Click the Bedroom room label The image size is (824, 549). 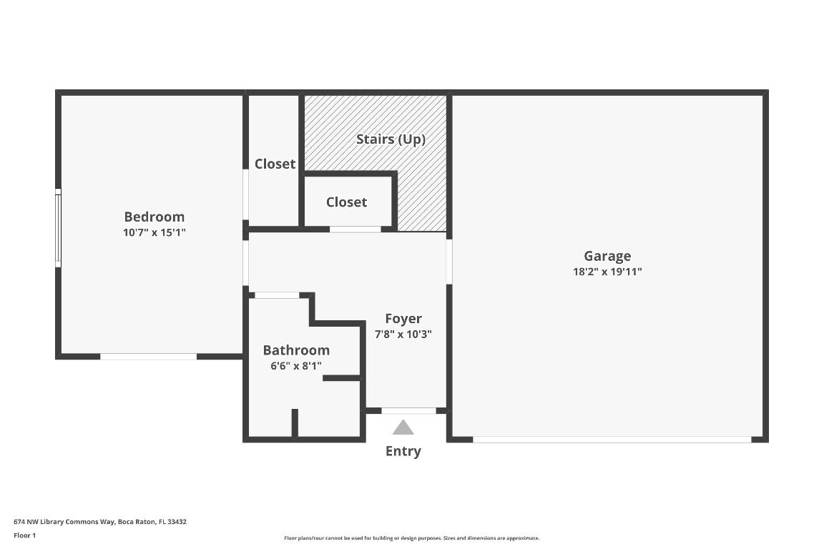pos(154,217)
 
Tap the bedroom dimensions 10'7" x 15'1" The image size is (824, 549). pos(154,232)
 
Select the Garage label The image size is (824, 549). pos(607,256)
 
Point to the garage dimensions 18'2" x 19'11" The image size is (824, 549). pos(607,272)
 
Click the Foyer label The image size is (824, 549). pos(403,319)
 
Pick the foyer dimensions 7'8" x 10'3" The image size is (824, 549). pos(403,334)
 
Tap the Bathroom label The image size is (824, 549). pos(296,350)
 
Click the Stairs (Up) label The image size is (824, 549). pos(391,139)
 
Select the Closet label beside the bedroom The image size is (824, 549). pos(275,164)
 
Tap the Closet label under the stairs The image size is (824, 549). pos(346,202)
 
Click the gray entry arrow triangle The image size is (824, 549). pos(403,428)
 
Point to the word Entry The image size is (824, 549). pos(403,451)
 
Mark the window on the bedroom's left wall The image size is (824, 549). pos(58,228)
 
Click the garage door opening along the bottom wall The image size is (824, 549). pos(612,440)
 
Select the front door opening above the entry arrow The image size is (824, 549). pos(408,411)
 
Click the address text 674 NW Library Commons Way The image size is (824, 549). pos(100,522)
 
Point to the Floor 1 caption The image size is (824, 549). pos(24,535)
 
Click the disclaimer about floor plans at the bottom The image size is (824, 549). pos(412,538)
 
